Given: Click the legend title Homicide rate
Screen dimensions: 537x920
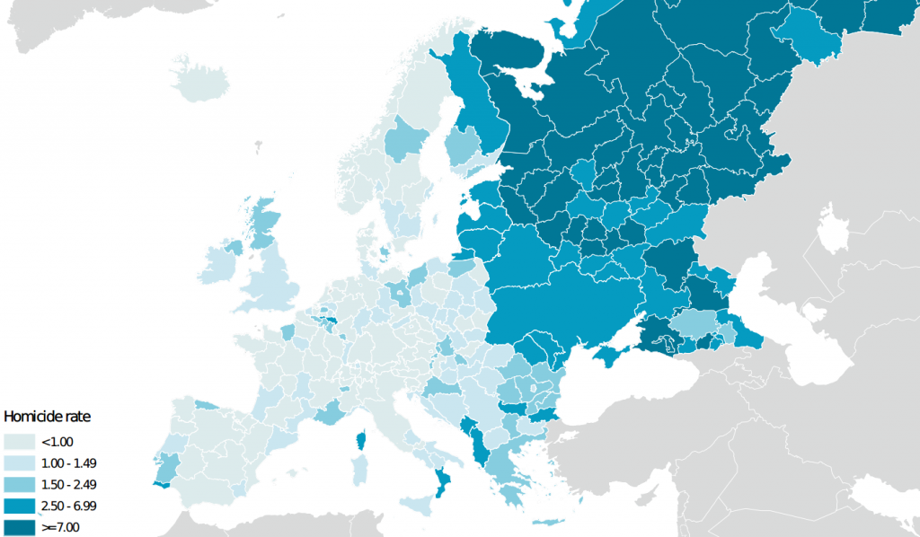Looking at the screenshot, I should [48, 417].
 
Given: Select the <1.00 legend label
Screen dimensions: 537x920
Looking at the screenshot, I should [57, 441].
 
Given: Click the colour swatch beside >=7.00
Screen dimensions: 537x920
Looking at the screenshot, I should [19, 527].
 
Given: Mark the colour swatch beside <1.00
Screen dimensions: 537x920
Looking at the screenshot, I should [19, 441].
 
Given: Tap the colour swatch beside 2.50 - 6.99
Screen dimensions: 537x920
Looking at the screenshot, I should [19, 506].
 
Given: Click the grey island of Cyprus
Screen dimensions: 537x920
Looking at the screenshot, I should [664, 529].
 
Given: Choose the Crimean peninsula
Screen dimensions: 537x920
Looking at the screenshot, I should [617, 353].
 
